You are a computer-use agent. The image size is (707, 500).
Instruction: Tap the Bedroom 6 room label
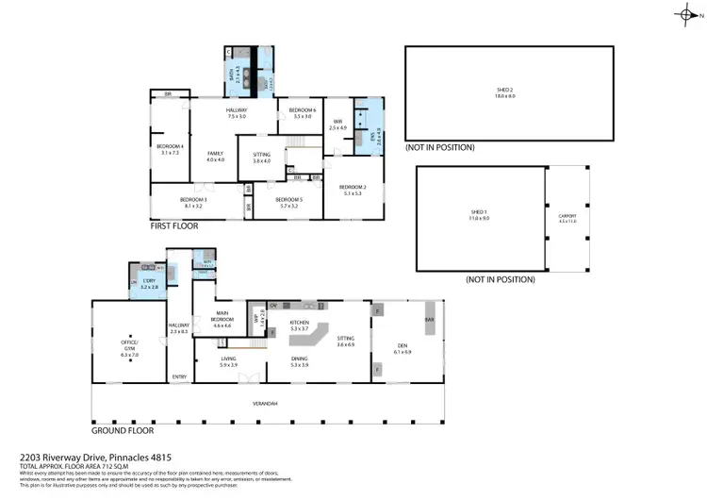tap(302, 113)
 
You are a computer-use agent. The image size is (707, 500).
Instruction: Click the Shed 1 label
tap(479, 216)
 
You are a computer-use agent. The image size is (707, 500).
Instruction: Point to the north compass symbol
tap(685, 15)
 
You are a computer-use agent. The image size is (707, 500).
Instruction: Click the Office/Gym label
tap(129, 344)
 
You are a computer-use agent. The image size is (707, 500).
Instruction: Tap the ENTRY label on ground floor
tap(179, 377)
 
